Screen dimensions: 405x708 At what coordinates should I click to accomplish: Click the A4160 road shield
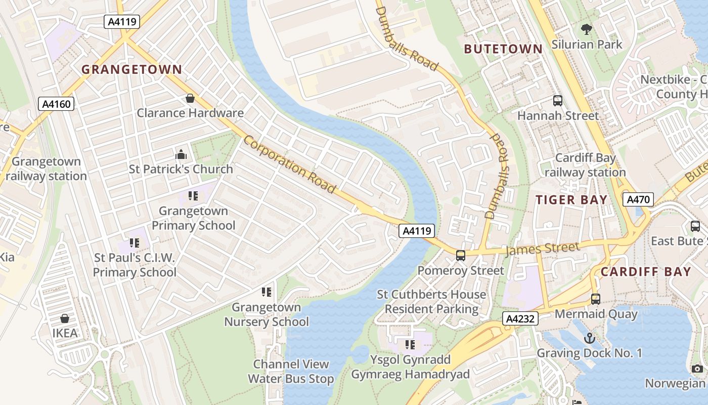(x=57, y=104)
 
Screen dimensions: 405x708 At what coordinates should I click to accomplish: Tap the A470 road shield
(x=638, y=199)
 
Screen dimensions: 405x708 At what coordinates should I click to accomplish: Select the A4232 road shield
(x=520, y=318)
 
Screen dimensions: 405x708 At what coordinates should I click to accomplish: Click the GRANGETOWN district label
(x=131, y=69)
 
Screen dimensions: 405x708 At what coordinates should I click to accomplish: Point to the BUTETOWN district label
(x=503, y=49)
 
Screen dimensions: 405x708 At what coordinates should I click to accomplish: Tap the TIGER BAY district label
(x=571, y=200)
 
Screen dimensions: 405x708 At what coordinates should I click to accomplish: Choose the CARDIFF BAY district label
(x=646, y=272)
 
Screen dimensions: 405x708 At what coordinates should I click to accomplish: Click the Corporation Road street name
(x=289, y=164)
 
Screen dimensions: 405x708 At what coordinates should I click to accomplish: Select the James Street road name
(x=542, y=249)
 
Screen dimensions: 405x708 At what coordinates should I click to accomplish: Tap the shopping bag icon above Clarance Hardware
(x=190, y=98)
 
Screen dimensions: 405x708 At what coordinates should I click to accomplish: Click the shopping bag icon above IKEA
(x=65, y=318)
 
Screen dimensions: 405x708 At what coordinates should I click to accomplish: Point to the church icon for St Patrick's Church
(x=181, y=154)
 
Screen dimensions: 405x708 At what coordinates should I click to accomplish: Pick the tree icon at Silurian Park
(x=587, y=29)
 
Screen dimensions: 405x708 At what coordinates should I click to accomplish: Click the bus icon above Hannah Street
(x=558, y=101)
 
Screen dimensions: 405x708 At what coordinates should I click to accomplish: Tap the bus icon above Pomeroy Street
(x=461, y=256)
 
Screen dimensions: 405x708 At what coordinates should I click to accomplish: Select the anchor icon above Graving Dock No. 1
(x=589, y=338)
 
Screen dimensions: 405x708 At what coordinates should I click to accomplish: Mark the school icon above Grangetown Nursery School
(x=266, y=292)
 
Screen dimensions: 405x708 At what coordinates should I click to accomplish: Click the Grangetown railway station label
(x=47, y=169)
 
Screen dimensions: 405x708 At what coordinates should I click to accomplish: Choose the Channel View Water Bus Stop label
(x=291, y=371)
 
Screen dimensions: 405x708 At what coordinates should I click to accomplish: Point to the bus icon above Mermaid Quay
(x=596, y=299)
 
